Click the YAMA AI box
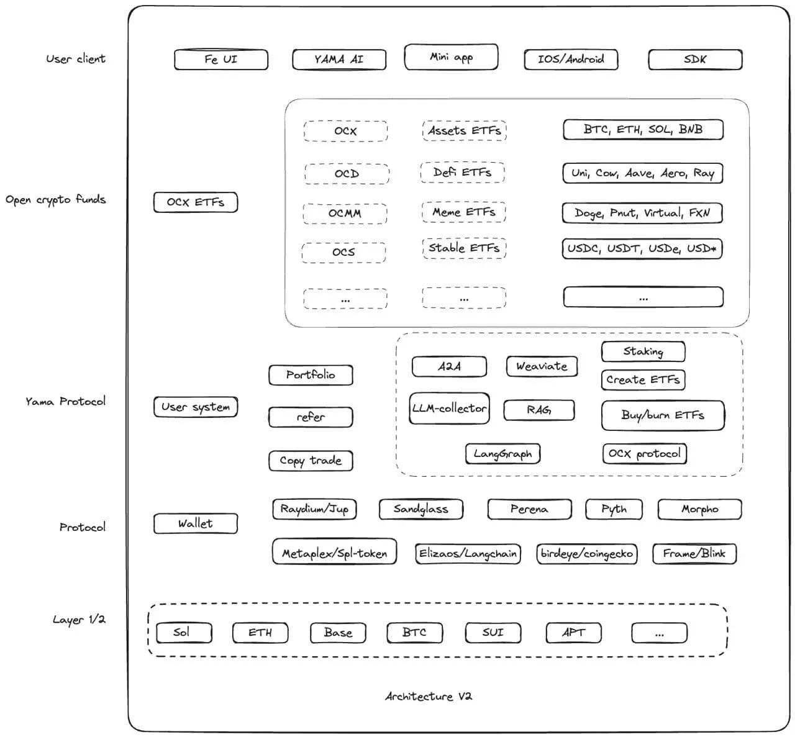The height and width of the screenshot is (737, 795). coord(339,60)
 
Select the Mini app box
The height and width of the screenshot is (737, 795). coord(451,57)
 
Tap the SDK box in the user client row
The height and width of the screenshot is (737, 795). coord(695,60)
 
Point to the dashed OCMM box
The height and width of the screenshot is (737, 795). coord(345,213)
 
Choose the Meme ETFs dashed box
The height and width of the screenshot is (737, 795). coord(463,212)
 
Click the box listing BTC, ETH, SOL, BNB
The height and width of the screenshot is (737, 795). coord(643,130)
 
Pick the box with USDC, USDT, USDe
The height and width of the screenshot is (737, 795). coord(642,248)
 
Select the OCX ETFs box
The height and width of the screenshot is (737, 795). coord(196,202)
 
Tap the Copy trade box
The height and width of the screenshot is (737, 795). coord(311,461)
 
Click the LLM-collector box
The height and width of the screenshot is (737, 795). coord(449,409)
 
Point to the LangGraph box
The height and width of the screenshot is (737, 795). coord(502,454)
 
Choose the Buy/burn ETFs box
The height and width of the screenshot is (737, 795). coord(663,415)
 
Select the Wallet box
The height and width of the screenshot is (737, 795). coord(196,523)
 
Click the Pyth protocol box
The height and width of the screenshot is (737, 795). coord(614,509)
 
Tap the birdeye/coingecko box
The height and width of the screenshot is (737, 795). coord(586,553)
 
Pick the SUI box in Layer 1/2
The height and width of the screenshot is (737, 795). coord(493,633)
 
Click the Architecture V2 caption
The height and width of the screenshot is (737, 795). coord(429,696)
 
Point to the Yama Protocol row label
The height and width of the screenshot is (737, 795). coord(65,401)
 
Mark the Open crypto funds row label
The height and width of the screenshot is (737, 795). coord(56,200)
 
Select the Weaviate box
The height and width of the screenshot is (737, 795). coord(542,366)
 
